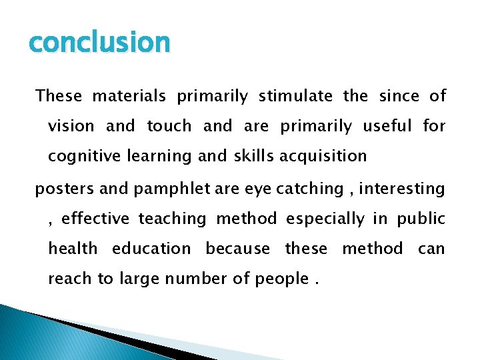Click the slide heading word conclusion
tap(100, 43)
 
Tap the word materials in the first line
tap(129, 96)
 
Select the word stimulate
tap(295, 96)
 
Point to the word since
tap(399, 96)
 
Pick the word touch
tap(169, 126)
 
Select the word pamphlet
tap(165, 189)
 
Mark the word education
tap(151, 249)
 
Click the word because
tap(238, 249)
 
